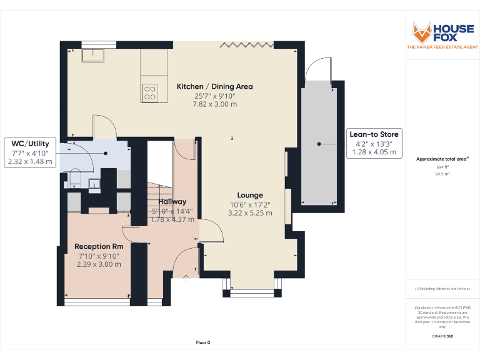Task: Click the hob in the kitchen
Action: click(x=150, y=92)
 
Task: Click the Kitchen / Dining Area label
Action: click(x=214, y=86)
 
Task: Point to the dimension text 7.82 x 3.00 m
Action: click(x=214, y=104)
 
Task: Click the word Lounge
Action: click(x=250, y=195)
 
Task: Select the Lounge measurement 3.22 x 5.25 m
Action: click(x=250, y=213)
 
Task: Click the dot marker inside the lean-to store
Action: click(x=319, y=144)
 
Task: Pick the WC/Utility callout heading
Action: click(x=30, y=144)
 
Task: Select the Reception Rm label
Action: click(x=99, y=246)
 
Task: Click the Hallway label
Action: click(x=172, y=201)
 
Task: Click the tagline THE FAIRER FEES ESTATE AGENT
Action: click(x=442, y=47)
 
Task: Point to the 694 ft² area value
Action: click(x=442, y=167)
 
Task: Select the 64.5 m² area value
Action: click(x=442, y=174)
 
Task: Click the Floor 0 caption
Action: click(x=203, y=342)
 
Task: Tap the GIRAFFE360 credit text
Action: click(x=442, y=337)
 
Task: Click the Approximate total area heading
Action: click(x=442, y=159)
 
